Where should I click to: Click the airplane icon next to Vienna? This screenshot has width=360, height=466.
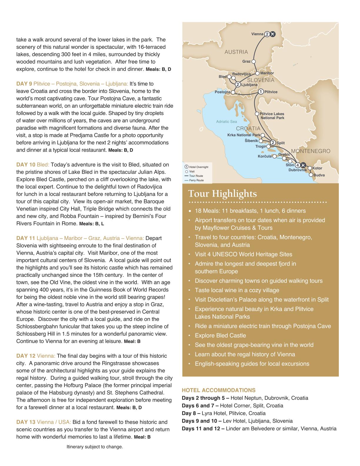coord(273,34)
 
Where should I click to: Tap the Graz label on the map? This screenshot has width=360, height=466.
coord(246,61)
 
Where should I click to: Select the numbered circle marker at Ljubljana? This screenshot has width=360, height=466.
coord(238,85)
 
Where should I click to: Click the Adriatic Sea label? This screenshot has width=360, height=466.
coord(226,122)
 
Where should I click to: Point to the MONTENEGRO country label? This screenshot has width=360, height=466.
coord(311,151)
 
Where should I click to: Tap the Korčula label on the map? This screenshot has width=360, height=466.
coord(265,156)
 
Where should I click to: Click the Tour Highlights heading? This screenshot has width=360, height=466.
coord(222,194)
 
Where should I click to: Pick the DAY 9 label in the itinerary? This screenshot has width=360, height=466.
coord(24,84)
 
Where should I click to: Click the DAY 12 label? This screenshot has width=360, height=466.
coord(26,356)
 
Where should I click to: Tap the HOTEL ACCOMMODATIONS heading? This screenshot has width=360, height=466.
coord(219,390)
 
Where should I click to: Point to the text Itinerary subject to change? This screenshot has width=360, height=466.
coord(95,447)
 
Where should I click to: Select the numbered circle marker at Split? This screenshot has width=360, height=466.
coord(273,143)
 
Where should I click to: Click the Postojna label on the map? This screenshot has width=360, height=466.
coord(222,92)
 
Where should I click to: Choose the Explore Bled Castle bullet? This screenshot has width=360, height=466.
coord(220,335)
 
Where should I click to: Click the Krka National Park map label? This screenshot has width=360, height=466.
coord(244,135)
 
